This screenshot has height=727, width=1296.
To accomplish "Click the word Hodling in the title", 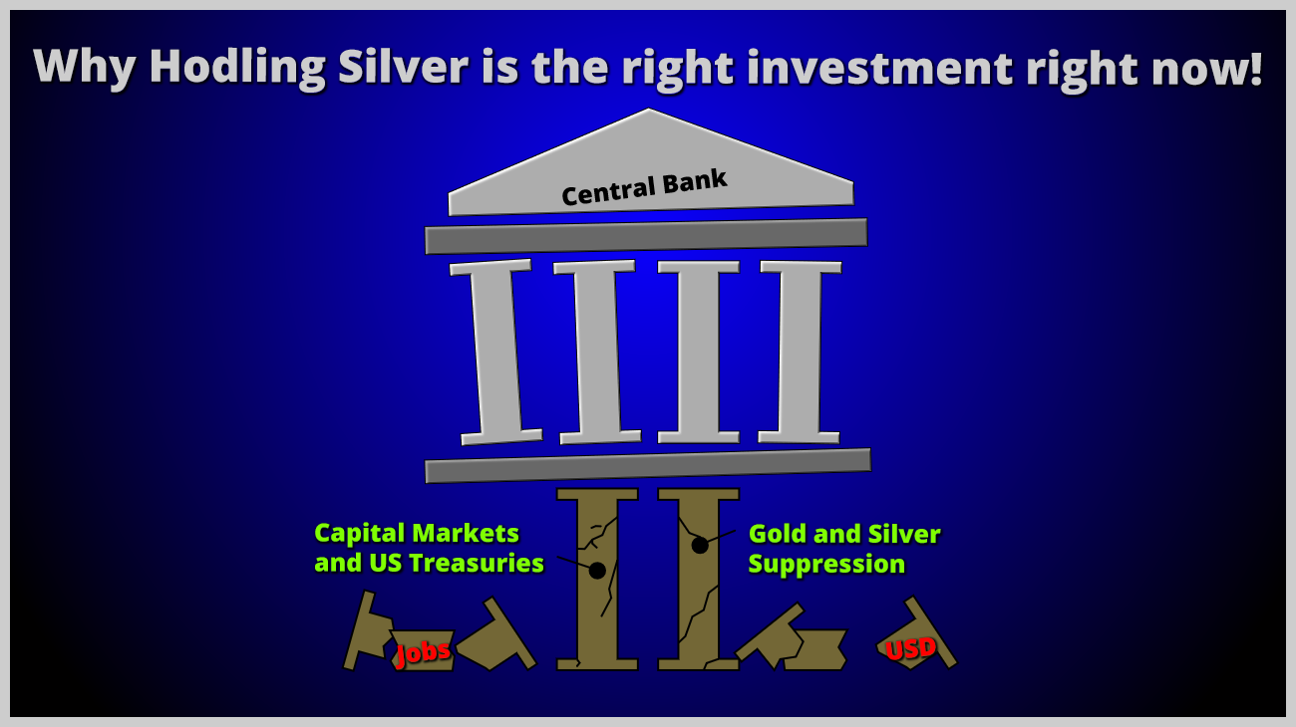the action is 237,68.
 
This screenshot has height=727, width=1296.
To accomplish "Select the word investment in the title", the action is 879,67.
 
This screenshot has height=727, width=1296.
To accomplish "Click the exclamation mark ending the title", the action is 1254,68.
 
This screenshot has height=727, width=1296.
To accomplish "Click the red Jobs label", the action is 423,653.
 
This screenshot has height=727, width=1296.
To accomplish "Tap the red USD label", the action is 910,649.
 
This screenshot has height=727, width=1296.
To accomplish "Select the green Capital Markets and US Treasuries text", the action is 429,548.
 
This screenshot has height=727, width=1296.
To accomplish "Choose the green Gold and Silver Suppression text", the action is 844,549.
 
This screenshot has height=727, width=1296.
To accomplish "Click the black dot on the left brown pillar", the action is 597,571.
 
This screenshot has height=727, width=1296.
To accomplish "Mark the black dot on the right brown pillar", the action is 700,545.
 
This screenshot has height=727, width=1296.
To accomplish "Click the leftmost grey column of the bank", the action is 495,352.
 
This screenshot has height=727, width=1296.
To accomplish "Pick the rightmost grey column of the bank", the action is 801,352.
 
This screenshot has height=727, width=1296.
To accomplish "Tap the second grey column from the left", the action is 597,352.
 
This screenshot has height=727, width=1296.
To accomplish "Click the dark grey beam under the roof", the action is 646,236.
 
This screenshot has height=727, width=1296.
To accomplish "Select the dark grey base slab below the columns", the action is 648,466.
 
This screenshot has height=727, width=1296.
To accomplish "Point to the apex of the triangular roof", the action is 648,109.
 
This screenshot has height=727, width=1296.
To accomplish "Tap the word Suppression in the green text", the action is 826,564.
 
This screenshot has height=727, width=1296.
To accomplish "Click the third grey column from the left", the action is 698,352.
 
